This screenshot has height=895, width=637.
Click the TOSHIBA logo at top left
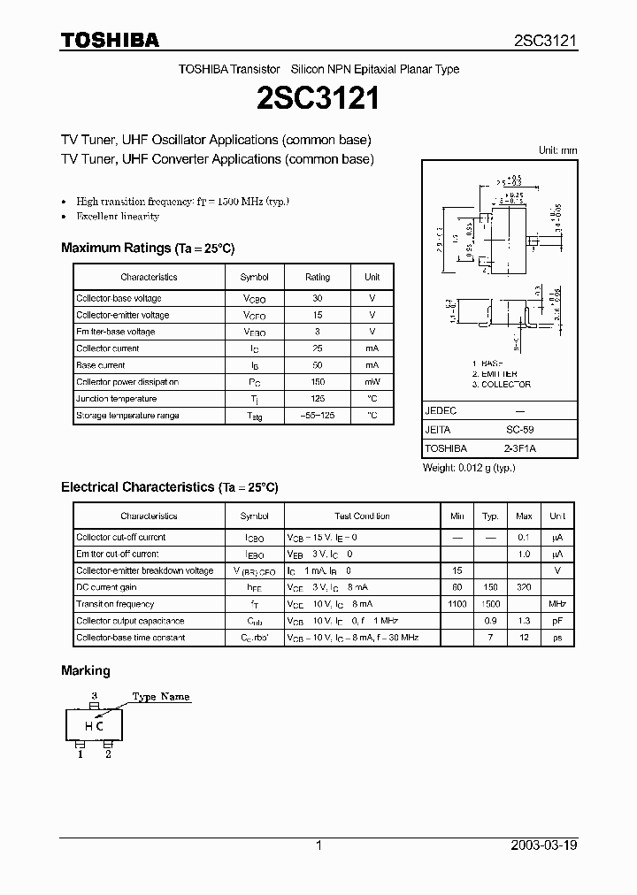click(110, 40)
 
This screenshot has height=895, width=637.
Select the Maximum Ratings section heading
click(148, 249)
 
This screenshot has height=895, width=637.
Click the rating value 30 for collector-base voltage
click(318, 299)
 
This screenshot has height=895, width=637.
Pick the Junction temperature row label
click(118, 399)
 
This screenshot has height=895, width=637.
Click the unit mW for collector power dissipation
click(372, 382)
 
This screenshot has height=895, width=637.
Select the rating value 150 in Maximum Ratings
click(318, 382)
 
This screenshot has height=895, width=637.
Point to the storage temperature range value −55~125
click(318, 416)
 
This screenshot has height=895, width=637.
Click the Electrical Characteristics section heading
click(170, 487)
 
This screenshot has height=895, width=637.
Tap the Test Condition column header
click(361, 516)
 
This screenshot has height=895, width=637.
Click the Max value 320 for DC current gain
click(524, 587)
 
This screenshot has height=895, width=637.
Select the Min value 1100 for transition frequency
click(457, 604)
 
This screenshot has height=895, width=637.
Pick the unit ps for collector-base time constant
click(557, 638)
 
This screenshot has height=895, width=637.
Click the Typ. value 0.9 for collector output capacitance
click(490, 621)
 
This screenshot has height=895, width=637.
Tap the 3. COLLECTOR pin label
click(501, 385)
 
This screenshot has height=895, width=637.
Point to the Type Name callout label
click(161, 697)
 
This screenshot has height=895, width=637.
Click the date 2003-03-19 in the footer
click(544, 845)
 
